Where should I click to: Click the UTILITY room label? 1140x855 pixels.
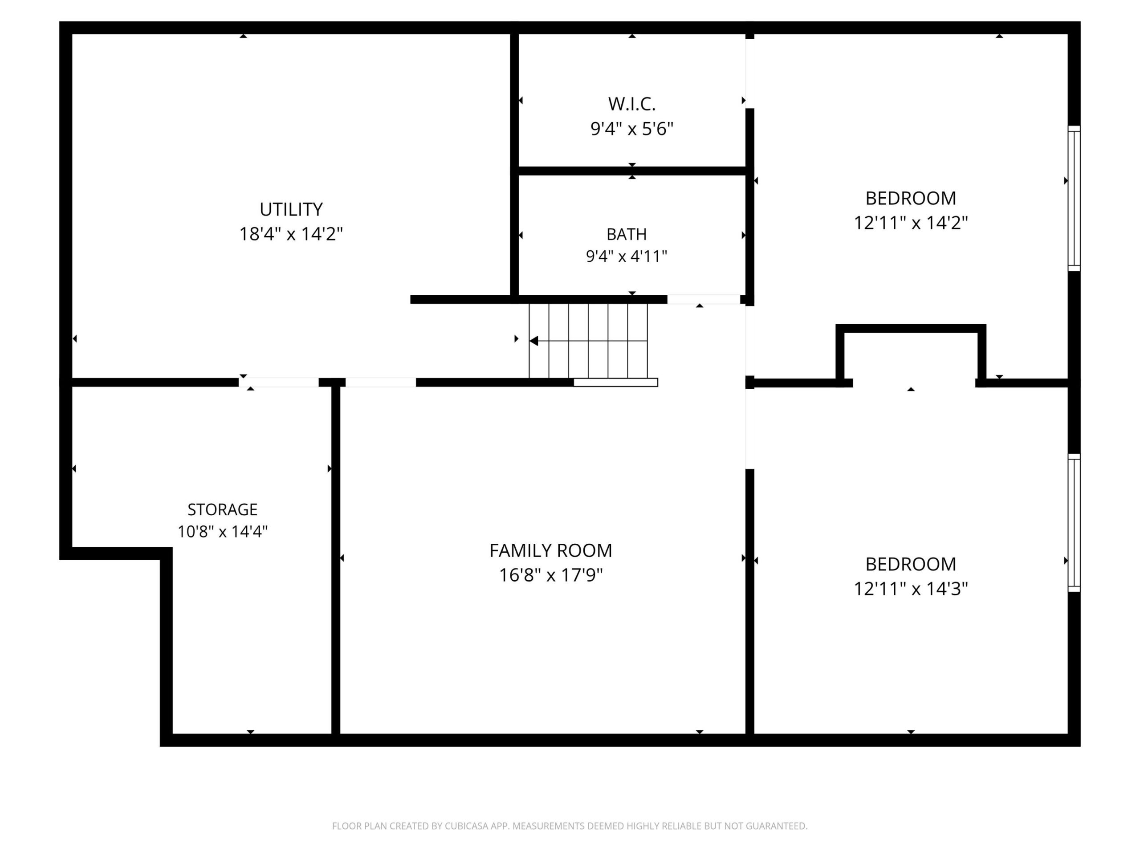point(291,209)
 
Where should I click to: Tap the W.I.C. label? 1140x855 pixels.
point(632,104)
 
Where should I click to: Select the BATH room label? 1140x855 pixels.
point(627,235)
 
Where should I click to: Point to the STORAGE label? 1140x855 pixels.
point(223,510)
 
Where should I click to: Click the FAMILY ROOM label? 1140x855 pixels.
point(551,551)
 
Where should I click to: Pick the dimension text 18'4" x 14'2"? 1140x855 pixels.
point(291,234)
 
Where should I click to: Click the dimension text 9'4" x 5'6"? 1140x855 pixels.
point(632,129)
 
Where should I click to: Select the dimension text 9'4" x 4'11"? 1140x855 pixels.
point(627,256)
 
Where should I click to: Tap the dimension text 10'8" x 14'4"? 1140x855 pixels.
point(223,531)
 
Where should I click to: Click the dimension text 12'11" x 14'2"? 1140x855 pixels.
point(911,223)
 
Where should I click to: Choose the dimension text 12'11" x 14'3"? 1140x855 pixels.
point(911,589)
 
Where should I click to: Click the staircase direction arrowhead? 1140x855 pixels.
point(534,341)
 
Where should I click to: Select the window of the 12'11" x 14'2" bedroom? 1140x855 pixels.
point(1074,199)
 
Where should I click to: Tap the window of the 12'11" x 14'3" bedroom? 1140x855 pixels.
point(1074,523)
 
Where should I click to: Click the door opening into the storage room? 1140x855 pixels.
point(279,383)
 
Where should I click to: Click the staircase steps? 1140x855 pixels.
point(588,341)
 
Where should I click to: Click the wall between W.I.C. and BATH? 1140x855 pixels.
point(632,171)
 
